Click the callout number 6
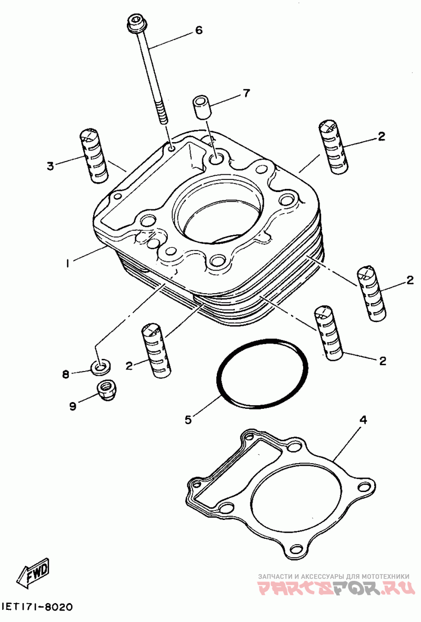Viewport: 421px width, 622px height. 198,30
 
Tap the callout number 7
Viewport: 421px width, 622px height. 246,93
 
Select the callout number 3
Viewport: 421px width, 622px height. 50,166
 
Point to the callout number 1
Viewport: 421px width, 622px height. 68,263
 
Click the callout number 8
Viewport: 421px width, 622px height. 65,374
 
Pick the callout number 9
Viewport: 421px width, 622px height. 72,406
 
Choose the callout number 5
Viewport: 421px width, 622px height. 188,419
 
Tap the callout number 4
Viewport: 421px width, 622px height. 363,419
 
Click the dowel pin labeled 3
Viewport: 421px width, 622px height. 94,156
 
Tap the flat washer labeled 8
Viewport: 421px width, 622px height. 101,367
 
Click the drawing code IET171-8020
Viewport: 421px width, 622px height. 38,607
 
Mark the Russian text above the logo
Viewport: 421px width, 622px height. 333,576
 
